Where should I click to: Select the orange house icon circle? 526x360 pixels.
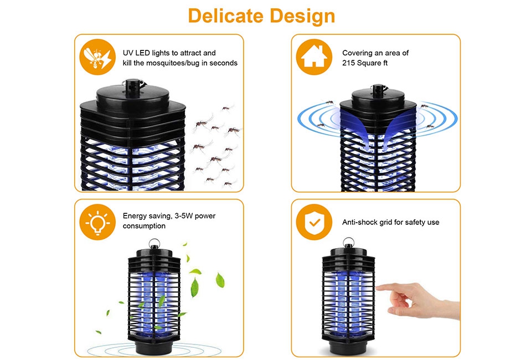314,57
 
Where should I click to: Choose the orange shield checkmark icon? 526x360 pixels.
314,222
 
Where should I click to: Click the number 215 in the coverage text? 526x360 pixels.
349,63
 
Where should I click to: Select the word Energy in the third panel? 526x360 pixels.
135,215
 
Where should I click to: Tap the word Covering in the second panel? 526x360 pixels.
358,53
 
